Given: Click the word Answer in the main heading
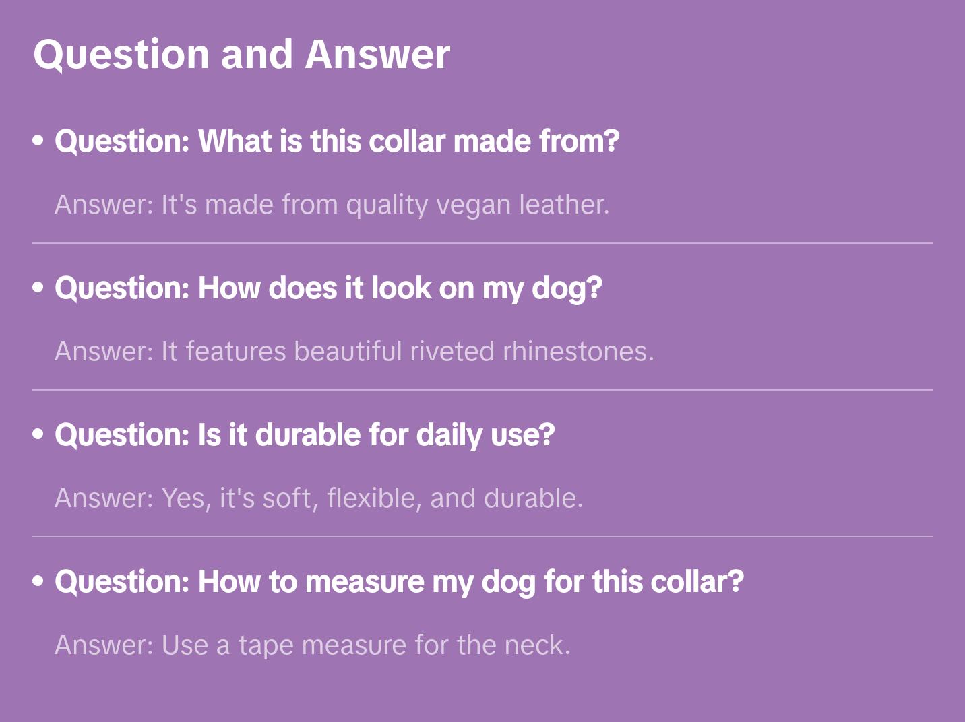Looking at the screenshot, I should pyautogui.click(x=377, y=55).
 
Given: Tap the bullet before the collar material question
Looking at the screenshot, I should pyautogui.click(x=38, y=141).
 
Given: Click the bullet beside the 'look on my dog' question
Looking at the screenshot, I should pyautogui.click(x=38, y=288).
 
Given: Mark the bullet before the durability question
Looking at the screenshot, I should pyautogui.click(x=38, y=434).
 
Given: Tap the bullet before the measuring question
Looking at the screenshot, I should pyautogui.click(x=38, y=581).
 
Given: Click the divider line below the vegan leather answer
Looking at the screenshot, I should pyautogui.click(x=482, y=243).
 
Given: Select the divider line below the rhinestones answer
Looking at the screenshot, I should pyautogui.click(x=482, y=390).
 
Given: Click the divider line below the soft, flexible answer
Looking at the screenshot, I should pyautogui.click(x=482, y=537).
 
